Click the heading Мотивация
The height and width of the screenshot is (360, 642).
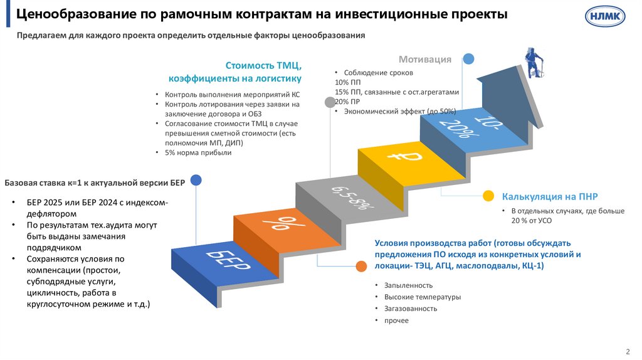point(425,60)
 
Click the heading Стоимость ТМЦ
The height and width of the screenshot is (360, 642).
point(263,65)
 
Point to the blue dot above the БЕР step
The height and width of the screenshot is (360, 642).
point(196,181)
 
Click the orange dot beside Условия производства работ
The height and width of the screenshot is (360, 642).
point(362,266)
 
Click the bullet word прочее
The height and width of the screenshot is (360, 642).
point(396,320)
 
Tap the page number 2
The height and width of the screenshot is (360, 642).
point(628,351)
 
